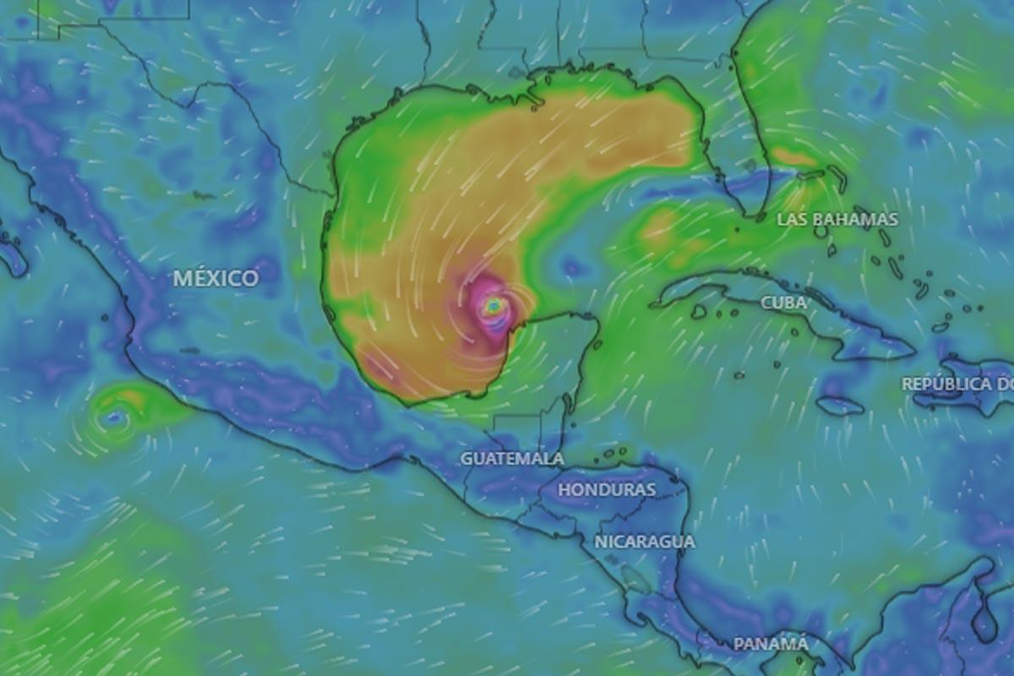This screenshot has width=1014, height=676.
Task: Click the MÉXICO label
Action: click(216, 278)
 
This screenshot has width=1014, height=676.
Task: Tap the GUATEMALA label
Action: click(512, 459)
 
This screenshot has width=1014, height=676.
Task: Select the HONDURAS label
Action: click(607, 490)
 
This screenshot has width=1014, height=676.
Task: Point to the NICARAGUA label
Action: click(645, 542)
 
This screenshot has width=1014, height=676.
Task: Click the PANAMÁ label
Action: click(771, 644)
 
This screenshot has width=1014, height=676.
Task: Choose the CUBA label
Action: click(783, 303)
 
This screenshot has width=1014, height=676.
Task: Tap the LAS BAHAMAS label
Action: click(837, 220)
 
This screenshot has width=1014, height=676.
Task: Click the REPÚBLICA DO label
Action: click(957, 384)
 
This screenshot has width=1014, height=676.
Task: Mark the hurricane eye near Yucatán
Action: click(494, 306)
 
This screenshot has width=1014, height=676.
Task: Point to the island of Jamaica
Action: click(840, 406)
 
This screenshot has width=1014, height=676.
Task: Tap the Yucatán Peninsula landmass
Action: click(553, 355)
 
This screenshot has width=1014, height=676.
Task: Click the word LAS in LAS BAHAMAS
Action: click(793, 220)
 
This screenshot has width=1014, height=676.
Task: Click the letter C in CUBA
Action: click(766, 303)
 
